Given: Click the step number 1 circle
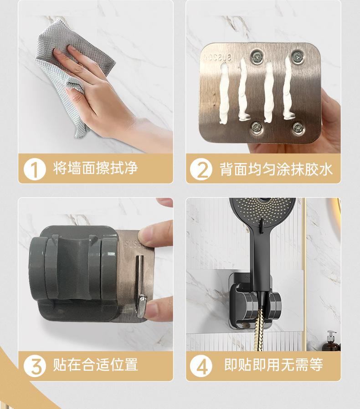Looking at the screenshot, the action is tap(35, 169).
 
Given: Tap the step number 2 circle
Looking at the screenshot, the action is tap(201, 169).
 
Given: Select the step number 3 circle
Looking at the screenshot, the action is tap(35, 365).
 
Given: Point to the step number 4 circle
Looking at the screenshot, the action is tap(201, 366).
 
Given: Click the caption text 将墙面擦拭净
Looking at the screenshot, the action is tap(96, 168).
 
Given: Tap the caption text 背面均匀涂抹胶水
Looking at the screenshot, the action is tap(276, 169).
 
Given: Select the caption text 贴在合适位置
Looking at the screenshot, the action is tap(96, 364).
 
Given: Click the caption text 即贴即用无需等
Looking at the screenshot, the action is tap(273, 364).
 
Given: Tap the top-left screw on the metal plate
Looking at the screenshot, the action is tap(257, 56).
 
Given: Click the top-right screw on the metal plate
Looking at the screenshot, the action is tap(297, 57).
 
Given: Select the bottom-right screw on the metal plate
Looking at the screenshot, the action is tap(298, 128).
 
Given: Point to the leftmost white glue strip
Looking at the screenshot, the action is tap(224, 94).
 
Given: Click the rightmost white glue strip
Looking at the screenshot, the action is tap(288, 87).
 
